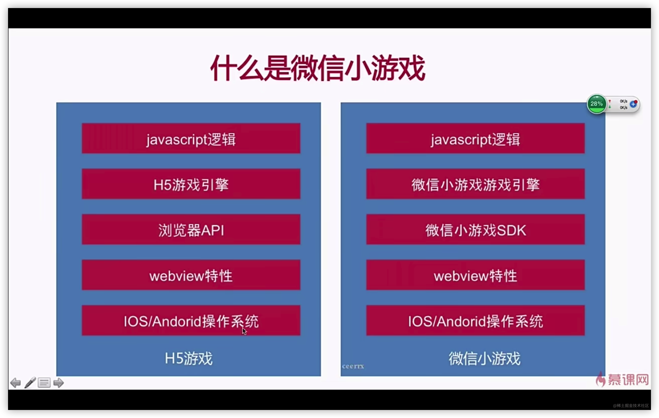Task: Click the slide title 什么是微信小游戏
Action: pyautogui.click(x=318, y=68)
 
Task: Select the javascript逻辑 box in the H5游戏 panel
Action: pyautogui.click(x=191, y=138)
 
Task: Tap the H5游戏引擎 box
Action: pyautogui.click(x=191, y=184)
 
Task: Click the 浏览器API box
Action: pyautogui.click(x=191, y=229)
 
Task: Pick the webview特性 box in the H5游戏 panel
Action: pyautogui.click(x=191, y=275)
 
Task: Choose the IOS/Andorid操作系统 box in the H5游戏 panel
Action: pyautogui.click(x=191, y=320)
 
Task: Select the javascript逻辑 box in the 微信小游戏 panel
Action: pyautogui.click(x=475, y=138)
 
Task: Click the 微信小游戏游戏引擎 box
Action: pyautogui.click(x=475, y=184)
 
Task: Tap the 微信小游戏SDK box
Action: pyautogui.click(x=475, y=229)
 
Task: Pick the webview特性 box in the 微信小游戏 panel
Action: pyautogui.click(x=475, y=275)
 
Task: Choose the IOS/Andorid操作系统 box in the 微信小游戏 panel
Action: pyautogui.click(x=475, y=320)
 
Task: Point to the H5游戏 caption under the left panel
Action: pyautogui.click(x=189, y=358)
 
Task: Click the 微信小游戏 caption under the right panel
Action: pyautogui.click(x=484, y=358)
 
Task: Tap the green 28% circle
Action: pyautogui.click(x=596, y=104)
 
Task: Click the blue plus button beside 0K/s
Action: pyautogui.click(x=633, y=104)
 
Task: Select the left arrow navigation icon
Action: pyautogui.click(x=15, y=382)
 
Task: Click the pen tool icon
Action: pyautogui.click(x=30, y=382)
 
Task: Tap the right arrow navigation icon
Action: pyautogui.click(x=58, y=382)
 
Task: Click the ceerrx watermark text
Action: pyautogui.click(x=353, y=366)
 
